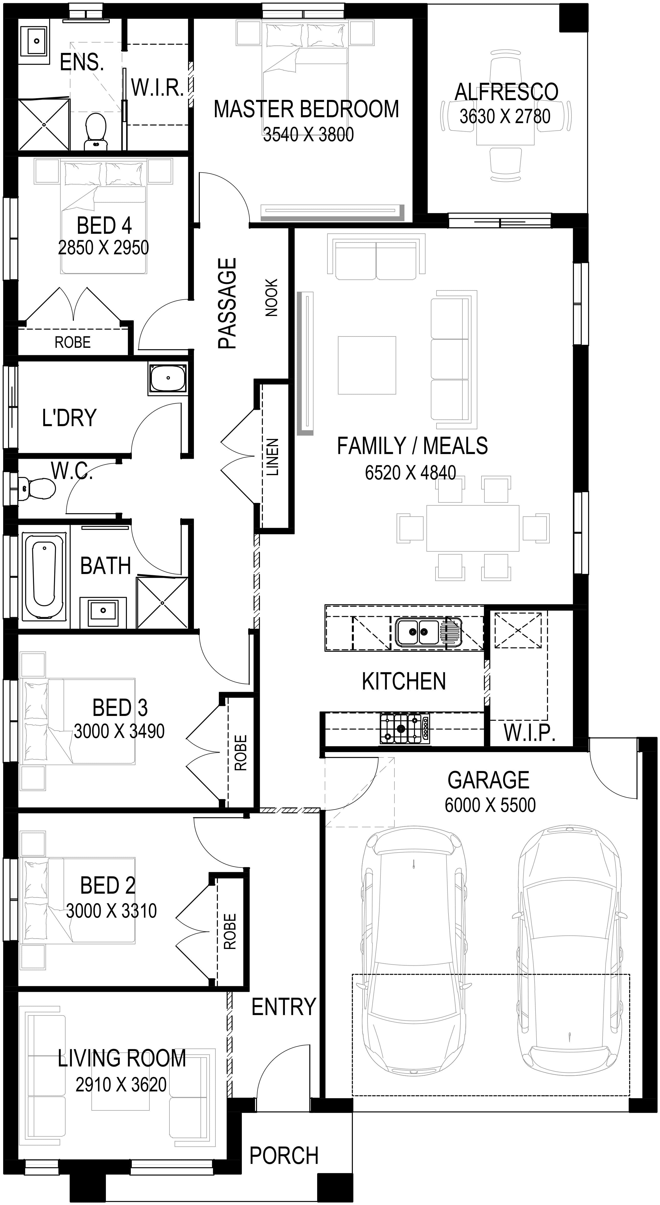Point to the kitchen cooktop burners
[x=405, y=728]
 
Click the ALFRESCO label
[x=506, y=92]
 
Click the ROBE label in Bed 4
[x=72, y=342]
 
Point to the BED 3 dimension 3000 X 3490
[x=119, y=731]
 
